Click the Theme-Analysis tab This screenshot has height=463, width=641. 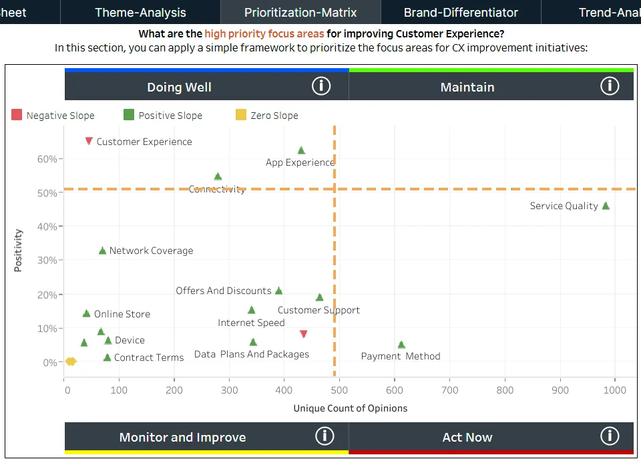(140, 12)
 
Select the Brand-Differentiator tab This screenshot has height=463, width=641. (461, 12)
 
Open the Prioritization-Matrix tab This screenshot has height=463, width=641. (300, 12)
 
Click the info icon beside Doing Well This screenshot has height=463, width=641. (321, 86)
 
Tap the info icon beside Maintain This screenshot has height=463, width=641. (610, 86)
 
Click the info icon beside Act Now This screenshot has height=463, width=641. (610, 436)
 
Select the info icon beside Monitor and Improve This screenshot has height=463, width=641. (325, 436)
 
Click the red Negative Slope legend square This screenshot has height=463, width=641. (17, 116)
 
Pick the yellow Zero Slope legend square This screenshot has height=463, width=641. (241, 116)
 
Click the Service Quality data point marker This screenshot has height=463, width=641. (606, 206)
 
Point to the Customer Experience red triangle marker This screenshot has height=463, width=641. (89, 141)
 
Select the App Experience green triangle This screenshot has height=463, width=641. (301, 151)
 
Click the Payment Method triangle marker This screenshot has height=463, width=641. (401, 345)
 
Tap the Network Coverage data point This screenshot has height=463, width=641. (102, 251)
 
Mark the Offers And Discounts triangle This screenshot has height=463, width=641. (279, 291)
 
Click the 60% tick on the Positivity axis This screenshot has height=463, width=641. (48, 159)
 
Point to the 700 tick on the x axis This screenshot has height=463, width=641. (449, 390)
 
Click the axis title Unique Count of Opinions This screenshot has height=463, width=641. (350, 408)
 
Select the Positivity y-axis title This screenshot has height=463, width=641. (18, 251)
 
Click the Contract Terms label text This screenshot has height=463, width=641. (149, 357)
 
